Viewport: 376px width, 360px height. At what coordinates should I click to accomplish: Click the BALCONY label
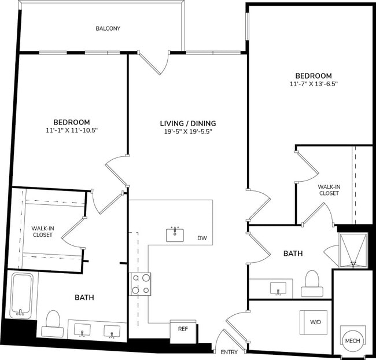(109, 28)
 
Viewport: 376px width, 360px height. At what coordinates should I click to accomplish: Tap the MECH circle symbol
(352, 340)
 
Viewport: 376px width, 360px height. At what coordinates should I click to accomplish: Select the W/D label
(316, 322)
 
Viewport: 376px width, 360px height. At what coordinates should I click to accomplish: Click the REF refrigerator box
(183, 329)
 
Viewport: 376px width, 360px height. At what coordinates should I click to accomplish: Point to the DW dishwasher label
(202, 238)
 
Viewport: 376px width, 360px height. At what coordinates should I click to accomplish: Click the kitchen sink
(175, 234)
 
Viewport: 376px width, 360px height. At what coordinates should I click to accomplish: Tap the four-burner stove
(139, 284)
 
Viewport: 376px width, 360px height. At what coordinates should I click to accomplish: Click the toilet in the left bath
(53, 322)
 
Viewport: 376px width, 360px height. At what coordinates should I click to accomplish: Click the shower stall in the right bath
(353, 249)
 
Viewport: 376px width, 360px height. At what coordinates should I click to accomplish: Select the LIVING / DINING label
(188, 123)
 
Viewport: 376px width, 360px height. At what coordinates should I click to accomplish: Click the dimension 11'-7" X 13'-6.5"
(314, 84)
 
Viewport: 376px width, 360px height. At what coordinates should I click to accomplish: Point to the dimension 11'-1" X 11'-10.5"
(71, 130)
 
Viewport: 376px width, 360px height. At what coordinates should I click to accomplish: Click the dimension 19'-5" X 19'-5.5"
(188, 132)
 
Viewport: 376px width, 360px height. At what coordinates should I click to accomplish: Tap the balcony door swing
(154, 63)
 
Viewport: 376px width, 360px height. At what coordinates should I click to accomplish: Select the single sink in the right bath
(279, 288)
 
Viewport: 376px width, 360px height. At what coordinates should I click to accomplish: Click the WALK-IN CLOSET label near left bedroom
(42, 232)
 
